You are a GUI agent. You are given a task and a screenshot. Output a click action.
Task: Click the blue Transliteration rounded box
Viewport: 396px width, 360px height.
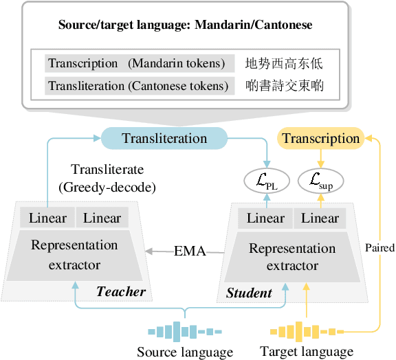(164, 138)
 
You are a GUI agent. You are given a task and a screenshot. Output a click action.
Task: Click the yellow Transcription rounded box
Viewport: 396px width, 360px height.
(320, 138)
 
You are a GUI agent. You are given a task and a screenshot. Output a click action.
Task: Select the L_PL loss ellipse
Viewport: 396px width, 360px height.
(265, 181)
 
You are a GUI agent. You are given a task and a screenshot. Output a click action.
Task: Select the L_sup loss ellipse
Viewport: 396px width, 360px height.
(320, 181)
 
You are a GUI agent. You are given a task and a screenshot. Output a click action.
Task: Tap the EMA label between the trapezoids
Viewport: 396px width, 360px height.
(190, 251)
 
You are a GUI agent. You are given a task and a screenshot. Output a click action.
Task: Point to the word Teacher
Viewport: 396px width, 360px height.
(121, 291)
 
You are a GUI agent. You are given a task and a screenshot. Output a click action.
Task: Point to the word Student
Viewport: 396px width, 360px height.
(249, 293)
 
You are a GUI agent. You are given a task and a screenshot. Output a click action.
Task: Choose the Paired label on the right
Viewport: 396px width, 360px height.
(379, 247)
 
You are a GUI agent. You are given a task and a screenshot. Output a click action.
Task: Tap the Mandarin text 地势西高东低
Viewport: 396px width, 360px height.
(284, 64)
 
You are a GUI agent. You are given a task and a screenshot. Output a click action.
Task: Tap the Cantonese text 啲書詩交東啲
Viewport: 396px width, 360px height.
(284, 86)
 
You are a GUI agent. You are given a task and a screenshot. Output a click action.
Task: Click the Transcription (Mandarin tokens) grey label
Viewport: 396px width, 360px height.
(136, 64)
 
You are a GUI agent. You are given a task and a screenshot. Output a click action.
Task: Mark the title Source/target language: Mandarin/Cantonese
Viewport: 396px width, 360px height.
(185, 25)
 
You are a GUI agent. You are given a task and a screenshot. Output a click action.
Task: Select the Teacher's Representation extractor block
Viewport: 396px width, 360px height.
(74, 254)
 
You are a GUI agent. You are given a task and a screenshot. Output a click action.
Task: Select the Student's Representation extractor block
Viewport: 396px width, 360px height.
(291, 256)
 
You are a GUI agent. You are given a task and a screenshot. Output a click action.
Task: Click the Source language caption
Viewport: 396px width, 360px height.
(185, 352)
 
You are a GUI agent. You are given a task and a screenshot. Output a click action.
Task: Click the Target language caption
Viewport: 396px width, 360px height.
(307, 352)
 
